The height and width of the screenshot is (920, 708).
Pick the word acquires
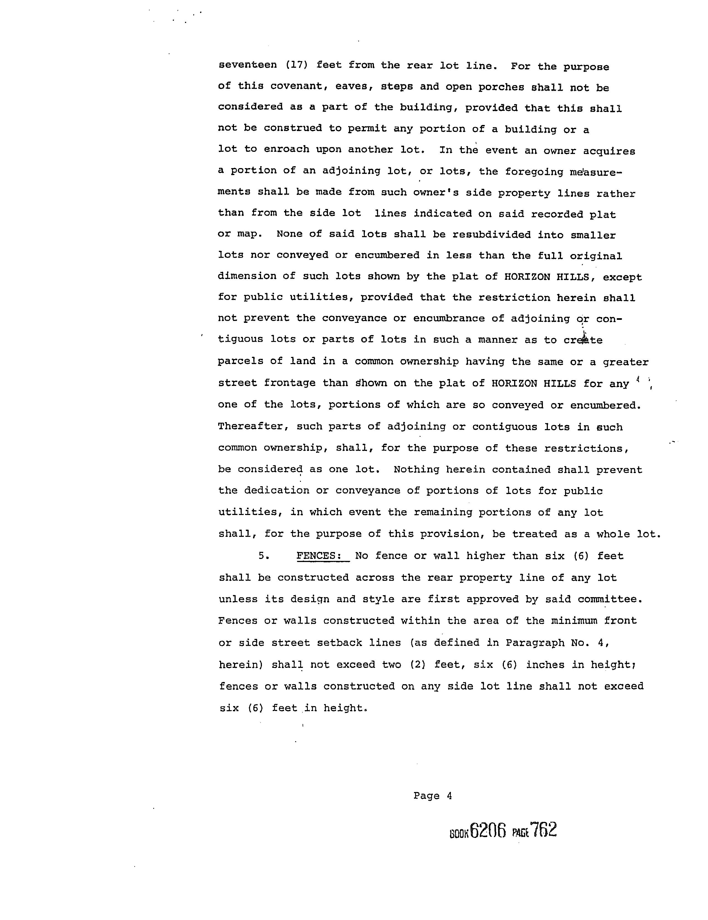click(609, 151)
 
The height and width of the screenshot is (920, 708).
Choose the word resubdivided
click(491, 235)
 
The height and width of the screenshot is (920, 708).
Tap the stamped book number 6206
click(488, 830)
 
